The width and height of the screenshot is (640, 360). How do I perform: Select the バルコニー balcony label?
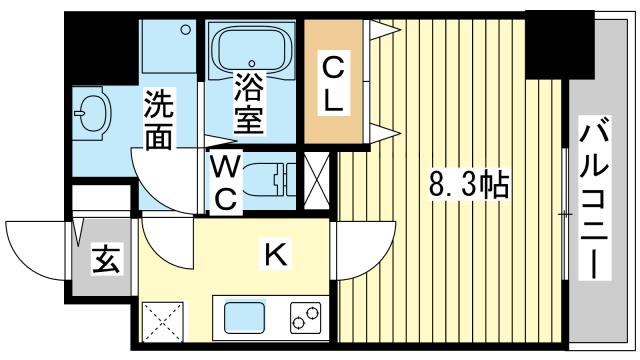coord(595,198)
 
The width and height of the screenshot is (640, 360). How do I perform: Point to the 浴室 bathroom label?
coord(248,104)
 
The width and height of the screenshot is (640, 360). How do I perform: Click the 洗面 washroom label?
coord(159,119)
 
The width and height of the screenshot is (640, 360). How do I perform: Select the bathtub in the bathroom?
coord(252,50)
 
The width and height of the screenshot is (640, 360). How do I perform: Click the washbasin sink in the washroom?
coord(93,113)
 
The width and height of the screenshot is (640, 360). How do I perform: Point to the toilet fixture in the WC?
coord(269,180)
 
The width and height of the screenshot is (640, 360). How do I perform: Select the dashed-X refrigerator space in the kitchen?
coord(162,322)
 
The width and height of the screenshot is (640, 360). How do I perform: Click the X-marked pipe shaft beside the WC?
coord(317,181)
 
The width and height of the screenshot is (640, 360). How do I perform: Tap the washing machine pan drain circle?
coord(186,29)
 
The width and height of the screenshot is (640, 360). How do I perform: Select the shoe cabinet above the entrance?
coord(102,199)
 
